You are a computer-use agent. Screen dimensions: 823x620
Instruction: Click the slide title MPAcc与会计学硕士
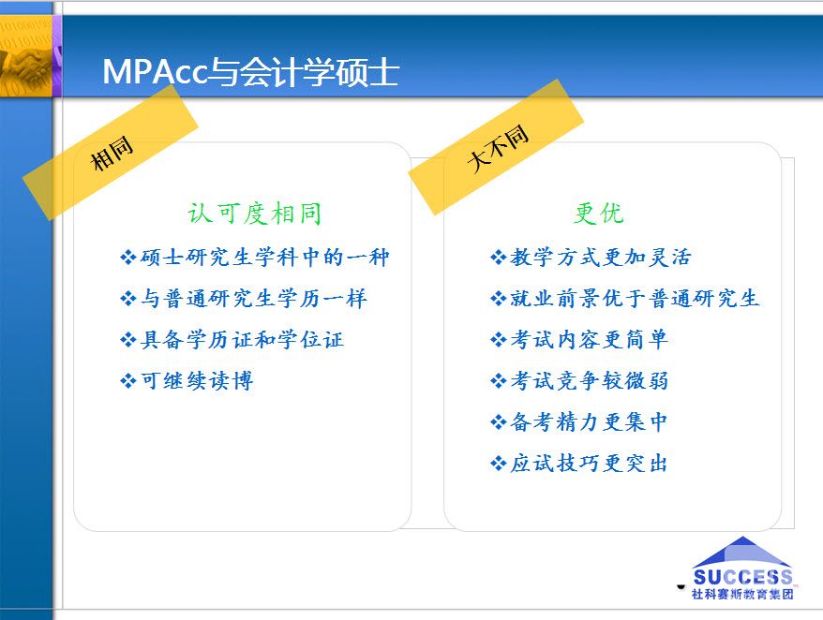251,71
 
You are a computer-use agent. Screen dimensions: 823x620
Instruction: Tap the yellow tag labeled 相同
111,152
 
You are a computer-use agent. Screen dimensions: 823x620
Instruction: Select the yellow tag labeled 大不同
496,147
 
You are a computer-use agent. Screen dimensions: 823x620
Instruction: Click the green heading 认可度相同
255,214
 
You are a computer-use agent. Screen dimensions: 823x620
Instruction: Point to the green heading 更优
598,213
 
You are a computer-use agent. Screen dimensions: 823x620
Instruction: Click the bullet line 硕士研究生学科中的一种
255,257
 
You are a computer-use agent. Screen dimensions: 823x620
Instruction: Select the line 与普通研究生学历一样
244,299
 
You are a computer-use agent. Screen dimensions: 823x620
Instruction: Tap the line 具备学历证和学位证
232,340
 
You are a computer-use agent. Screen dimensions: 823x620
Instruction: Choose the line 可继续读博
187,381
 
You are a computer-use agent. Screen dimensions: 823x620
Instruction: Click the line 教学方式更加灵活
591,257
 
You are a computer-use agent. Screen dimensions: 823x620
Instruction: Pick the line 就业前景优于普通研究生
624,299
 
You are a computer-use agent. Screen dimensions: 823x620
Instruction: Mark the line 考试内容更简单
579,340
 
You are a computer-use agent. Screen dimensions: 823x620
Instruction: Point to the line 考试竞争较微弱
579,381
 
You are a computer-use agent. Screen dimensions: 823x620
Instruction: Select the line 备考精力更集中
579,421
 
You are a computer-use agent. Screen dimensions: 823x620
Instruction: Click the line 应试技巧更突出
579,464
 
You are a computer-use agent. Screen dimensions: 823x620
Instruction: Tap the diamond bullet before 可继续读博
128,381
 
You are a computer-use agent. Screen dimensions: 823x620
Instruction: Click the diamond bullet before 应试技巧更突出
498,464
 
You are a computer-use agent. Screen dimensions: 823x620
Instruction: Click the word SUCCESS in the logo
742,577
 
